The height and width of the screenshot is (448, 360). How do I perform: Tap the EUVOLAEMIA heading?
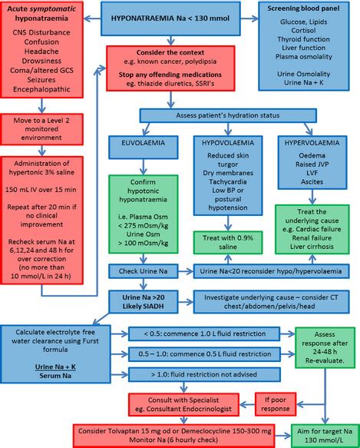[143, 144]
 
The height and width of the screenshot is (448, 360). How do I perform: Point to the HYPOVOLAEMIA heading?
[227, 144]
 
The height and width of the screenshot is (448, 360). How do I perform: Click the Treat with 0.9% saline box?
[227, 242]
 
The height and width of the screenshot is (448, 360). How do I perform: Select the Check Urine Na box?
[143, 271]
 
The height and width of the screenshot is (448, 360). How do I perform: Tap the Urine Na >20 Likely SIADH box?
[143, 300]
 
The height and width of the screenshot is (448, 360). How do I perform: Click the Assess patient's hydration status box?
[227, 115]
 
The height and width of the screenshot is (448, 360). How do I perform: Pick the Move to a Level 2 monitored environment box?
[47, 128]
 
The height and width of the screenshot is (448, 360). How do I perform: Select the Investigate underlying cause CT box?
[270, 300]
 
